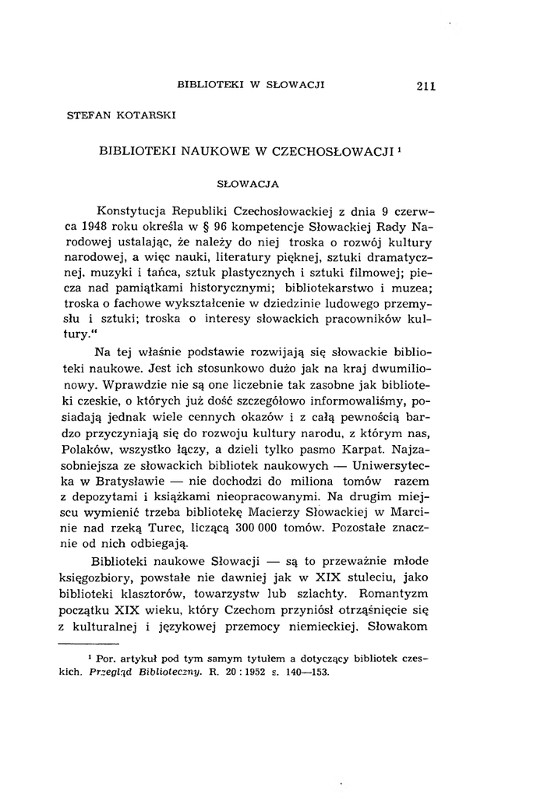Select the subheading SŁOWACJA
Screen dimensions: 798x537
246,185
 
